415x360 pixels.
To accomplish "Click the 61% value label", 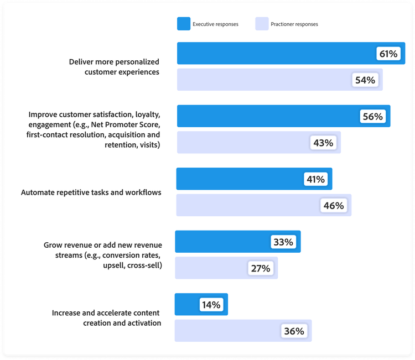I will click(x=388, y=54).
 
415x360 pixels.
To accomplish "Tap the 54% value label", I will click(x=365, y=80).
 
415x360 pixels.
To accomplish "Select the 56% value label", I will click(x=373, y=117).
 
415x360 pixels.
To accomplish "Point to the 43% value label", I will click(x=323, y=143).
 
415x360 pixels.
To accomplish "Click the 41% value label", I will click(x=315, y=179).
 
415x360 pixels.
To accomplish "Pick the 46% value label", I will click(x=334, y=206).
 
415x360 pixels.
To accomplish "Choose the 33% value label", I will click(x=283, y=242).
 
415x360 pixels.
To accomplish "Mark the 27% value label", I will click(x=260, y=268).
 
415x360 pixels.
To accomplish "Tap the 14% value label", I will click(x=211, y=305).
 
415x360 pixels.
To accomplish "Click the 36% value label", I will click(x=294, y=331).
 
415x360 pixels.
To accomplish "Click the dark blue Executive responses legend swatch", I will click(x=184, y=24).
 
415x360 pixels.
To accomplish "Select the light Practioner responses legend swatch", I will click(x=262, y=24).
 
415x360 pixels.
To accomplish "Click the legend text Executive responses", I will click(x=215, y=24).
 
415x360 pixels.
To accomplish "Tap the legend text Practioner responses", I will click(x=294, y=24).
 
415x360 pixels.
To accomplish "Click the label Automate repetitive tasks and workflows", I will click(x=91, y=193).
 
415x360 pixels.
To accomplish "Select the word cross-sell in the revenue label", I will click(x=144, y=265).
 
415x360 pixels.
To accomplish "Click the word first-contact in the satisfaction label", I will click(x=49, y=135).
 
